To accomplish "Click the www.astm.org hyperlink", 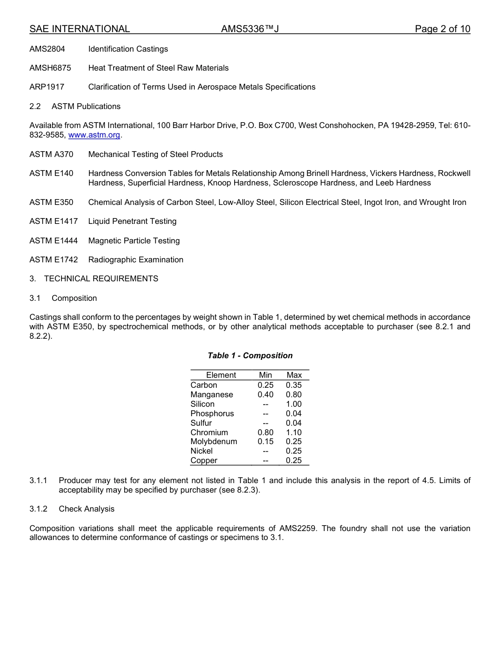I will tap(95, 135).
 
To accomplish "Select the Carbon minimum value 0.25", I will tap(265, 385).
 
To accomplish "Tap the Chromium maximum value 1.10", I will tap(294, 433).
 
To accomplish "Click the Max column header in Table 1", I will tap(294, 375).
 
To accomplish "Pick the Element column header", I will tap(221, 375).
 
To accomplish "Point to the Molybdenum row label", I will tap(214, 441).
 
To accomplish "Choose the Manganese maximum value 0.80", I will tap(294, 395).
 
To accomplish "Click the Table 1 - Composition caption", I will tap(250, 356).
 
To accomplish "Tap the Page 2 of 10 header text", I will tap(442, 29).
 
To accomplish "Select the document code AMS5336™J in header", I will tap(249, 29).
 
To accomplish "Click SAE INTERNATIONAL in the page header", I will tap(79, 29).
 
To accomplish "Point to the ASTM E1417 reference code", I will tap(53, 221).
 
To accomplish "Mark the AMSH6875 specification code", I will tap(50, 68).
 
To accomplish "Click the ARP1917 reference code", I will tap(47, 87).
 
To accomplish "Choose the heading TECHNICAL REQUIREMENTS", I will tap(101, 279).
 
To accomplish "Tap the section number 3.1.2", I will tap(38, 509).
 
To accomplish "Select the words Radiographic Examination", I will tap(136, 260).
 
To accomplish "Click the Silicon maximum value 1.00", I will tap(294, 404).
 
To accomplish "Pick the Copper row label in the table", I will tap(204, 460).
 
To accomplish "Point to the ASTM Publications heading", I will tap(86, 106).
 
